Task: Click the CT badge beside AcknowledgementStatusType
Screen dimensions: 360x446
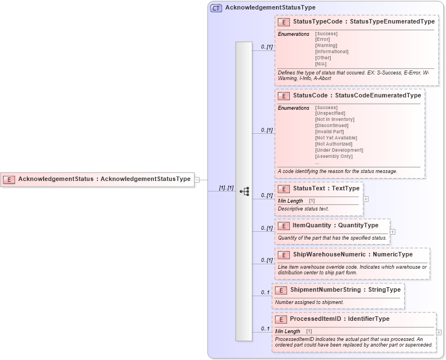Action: (x=216, y=8)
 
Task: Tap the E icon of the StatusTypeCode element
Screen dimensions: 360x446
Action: (x=284, y=22)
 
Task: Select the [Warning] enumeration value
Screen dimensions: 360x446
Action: (x=326, y=45)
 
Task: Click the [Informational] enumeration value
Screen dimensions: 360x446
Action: (x=332, y=52)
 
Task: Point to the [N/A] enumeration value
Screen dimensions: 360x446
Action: (x=321, y=64)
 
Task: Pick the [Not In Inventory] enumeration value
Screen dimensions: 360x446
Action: (x=335, y=119)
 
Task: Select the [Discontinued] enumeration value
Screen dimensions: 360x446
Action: (x=332, y=125)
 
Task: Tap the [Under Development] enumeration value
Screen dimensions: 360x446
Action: (x=339, y=150)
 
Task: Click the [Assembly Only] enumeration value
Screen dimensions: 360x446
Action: (x=335, y=156)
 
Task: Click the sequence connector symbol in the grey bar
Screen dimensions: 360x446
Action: (x=244, y=191)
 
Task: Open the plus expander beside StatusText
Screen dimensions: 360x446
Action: (x=365, y=199)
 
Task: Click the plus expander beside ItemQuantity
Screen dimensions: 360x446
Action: (x=392, y=231)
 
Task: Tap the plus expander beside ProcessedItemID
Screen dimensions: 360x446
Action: (x=439, y=332)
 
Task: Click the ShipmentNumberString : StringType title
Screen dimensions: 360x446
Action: (x=345, y=290)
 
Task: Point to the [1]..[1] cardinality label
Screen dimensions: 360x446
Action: (x=226, y=188)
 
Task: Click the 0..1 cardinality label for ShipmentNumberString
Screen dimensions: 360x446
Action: (x=265, y=292)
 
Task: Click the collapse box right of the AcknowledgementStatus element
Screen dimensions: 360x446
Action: (x=196, y=179)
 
